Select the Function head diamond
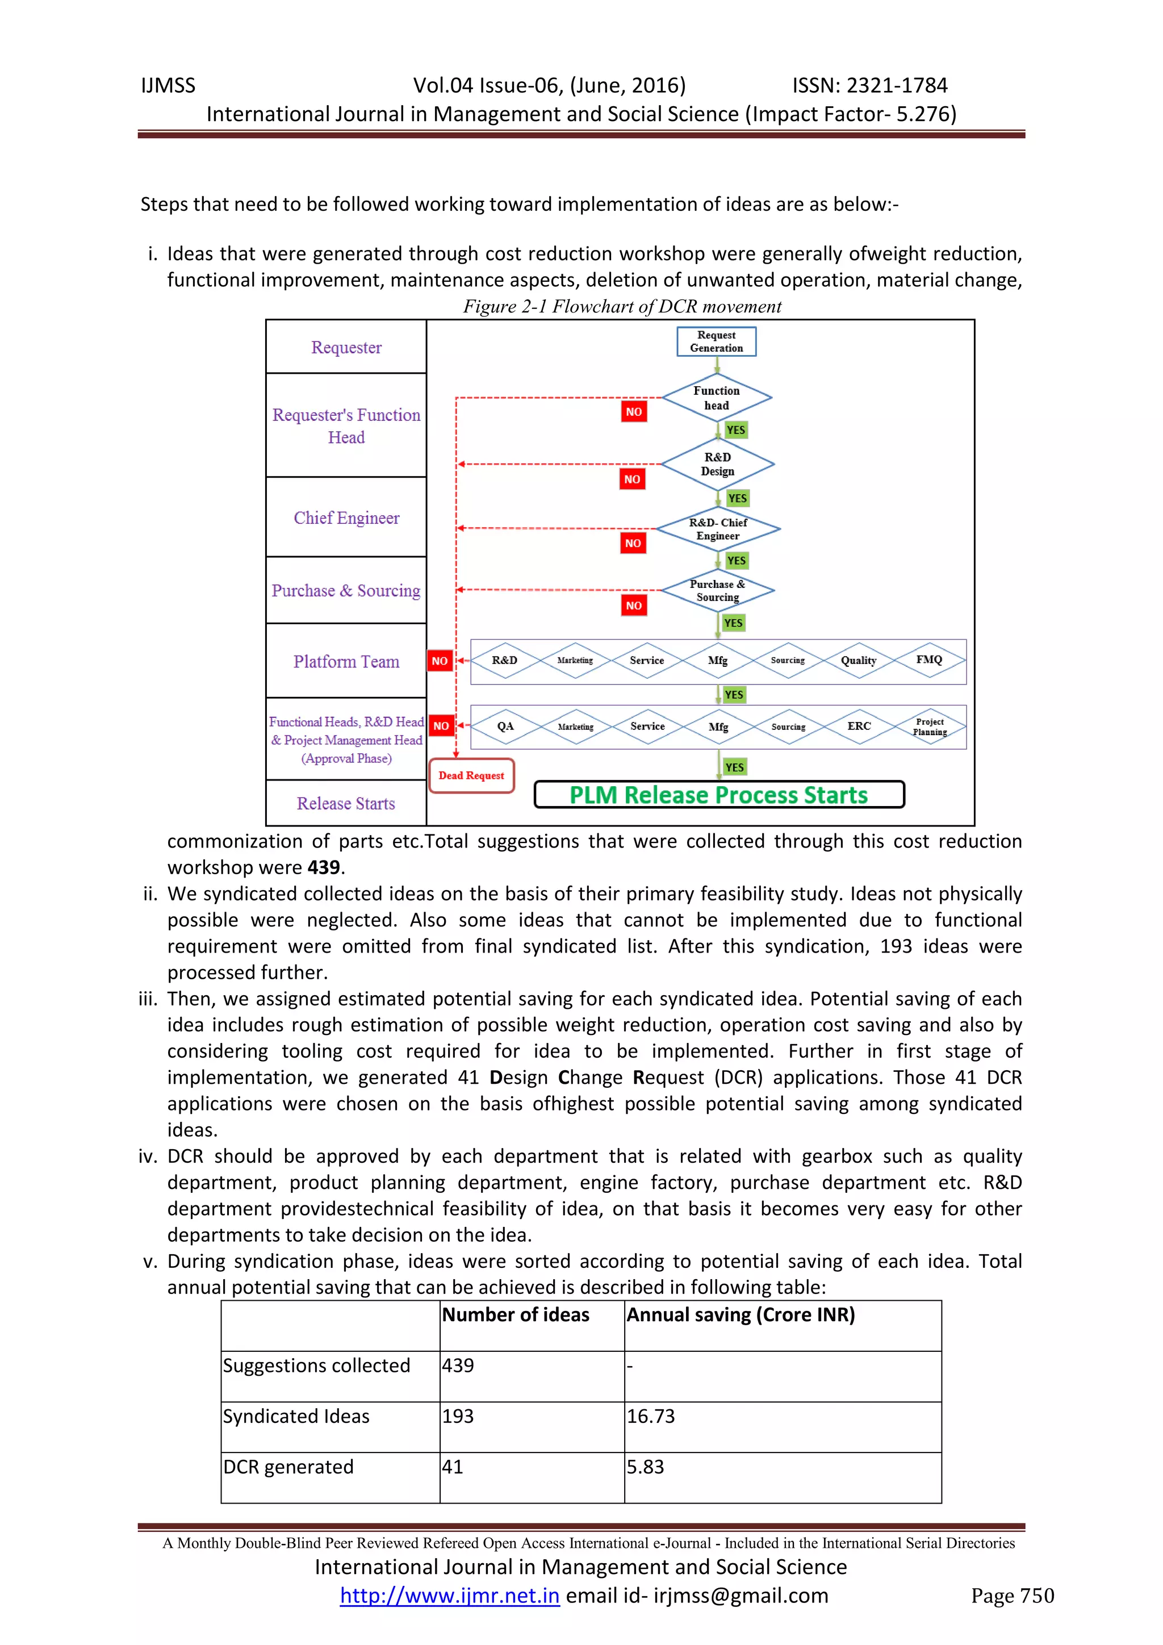(x=716, y=398)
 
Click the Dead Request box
(x=471, y=775)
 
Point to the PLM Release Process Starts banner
(x=718, y=795)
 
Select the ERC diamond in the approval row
(x=859, y=726)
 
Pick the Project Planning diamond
(x=930, y=727)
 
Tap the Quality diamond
(x=858, y=660)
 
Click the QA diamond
(x=505, y=726)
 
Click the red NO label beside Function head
(x=634, y=412)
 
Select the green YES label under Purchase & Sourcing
(x=733, y=623)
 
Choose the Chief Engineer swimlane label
(x=346, y=518)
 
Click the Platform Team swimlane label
(x=346, y=661)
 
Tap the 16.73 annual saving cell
(x=651, y=1416)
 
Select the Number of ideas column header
(x=516, y=1315)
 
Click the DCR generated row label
(x=288, y=1467)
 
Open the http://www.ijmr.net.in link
(x=449, y=1596)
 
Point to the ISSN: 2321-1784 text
(x=869, y=85)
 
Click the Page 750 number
(x=1012, y=1596)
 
